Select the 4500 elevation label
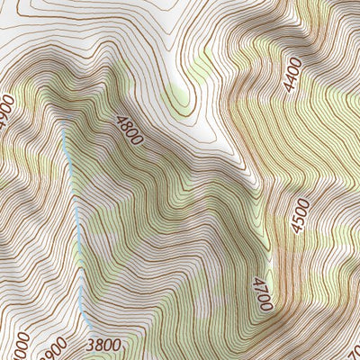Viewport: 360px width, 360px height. tap(300, 216)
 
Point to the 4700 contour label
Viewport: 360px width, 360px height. tap(261, 293)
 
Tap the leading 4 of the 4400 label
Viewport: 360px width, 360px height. tap(287, 86)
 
